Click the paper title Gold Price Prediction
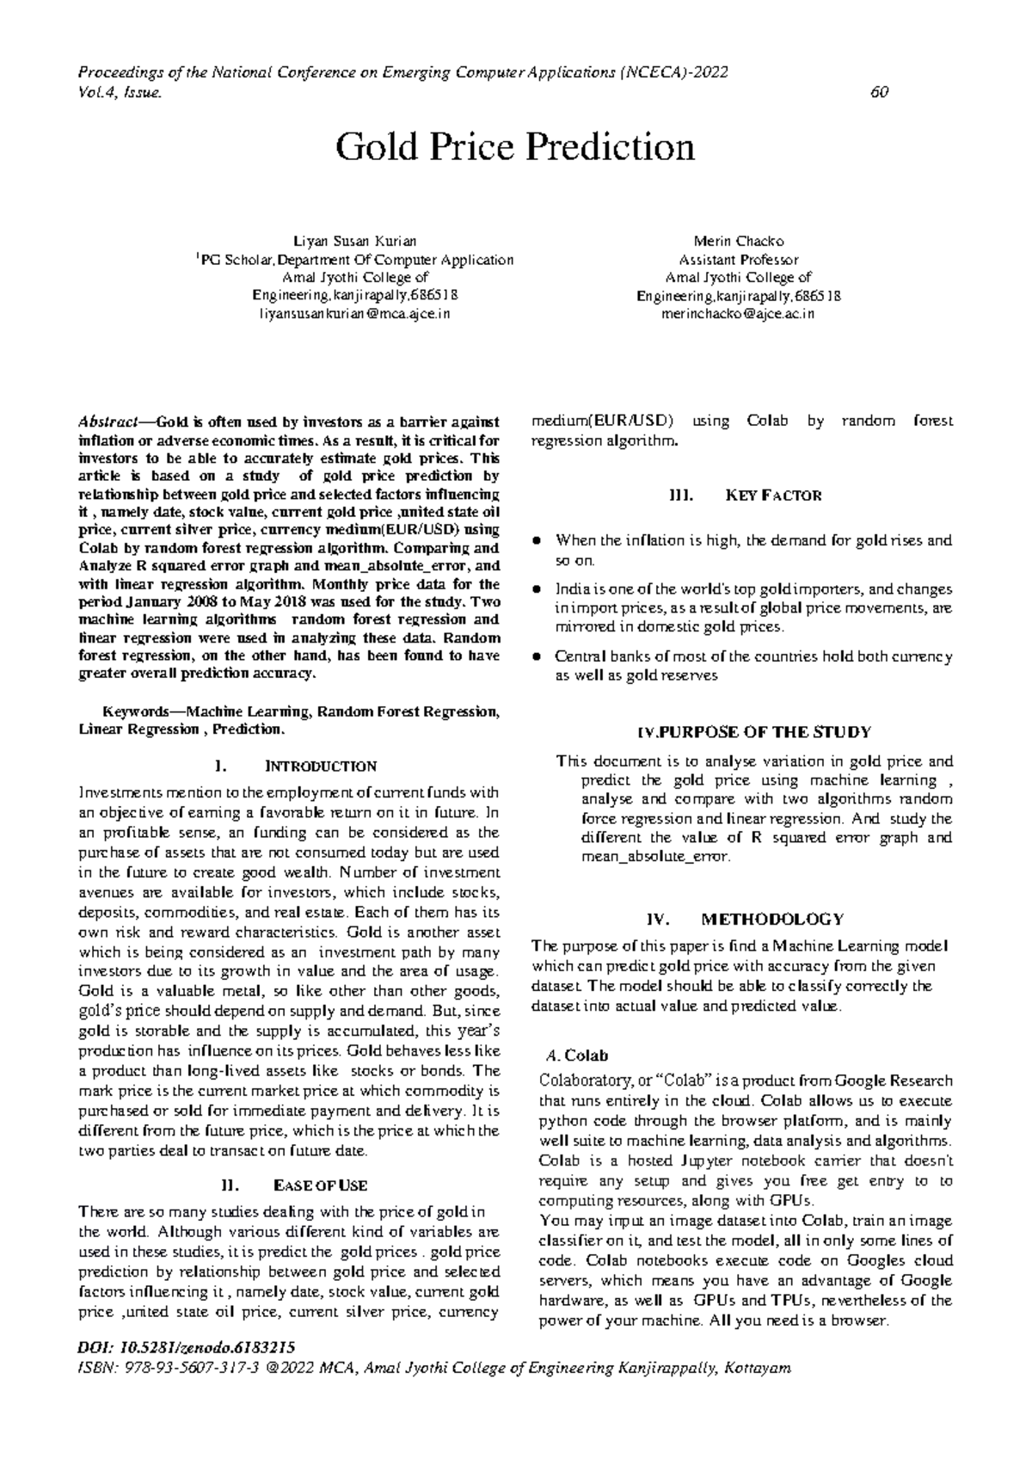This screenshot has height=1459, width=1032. (514, 148)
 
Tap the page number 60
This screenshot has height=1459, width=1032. (879, 93)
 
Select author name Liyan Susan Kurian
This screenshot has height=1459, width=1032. (354, 242)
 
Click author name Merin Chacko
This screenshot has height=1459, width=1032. (738, 242)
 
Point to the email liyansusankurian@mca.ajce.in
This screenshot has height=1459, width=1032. (354, 314)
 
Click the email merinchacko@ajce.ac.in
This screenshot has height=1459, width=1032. (738, 314)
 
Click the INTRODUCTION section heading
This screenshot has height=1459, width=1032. (321, 766)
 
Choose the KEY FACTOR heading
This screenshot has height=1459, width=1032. (773, 496)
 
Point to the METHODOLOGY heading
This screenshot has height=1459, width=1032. (772, 919)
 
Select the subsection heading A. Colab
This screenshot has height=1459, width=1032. (577, 1056)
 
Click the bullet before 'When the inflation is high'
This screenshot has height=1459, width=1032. (537, 541)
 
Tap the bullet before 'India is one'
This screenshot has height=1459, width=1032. (537, 590)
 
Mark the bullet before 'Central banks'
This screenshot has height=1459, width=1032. (537, 657)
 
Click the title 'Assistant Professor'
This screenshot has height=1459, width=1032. (738, 260)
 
